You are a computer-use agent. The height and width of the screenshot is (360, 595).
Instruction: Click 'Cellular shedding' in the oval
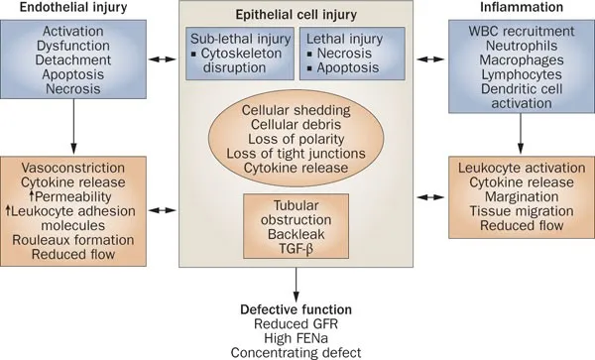click(x=297, y=108)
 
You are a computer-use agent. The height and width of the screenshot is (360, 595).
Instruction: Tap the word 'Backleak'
click(x=297, y=224)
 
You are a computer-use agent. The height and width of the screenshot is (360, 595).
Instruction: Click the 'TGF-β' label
click(x=297, y=241)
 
